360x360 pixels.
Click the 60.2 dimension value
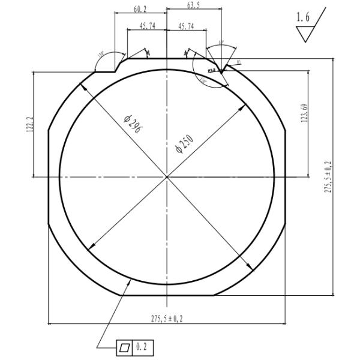coord(140,8)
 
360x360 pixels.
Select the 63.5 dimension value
coord(193,5)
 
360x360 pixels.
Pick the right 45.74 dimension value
coord(186,26)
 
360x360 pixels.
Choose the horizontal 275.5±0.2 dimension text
coord(167,319)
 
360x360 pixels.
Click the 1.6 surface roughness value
coord(304,18)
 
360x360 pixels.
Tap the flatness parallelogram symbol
coord(124,347)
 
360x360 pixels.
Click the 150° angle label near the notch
coord(203,80)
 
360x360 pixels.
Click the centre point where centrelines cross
coord(167,176)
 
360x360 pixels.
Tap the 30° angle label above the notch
coord(221,43)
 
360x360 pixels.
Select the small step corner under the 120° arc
coord(115,71)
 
